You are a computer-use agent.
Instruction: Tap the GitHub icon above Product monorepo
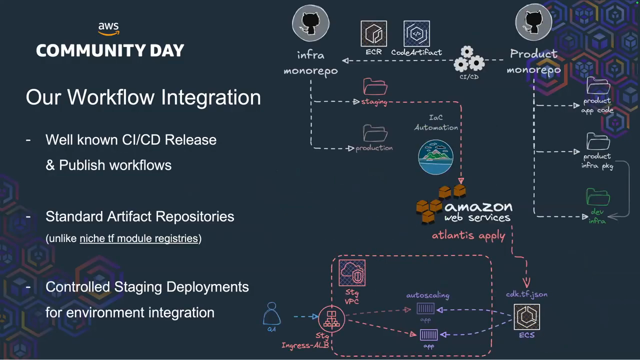[533, 22]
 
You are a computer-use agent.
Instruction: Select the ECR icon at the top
[373, 33]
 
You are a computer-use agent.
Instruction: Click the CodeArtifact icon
[416, 33]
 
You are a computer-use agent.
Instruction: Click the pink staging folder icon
[375, 86]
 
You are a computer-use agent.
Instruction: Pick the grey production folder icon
[375, 133]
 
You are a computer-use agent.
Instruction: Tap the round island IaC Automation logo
[435, 157]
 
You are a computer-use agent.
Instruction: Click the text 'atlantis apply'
[468, 235]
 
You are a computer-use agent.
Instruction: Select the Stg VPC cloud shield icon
[352, 273]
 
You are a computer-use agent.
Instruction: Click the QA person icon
[271, 314]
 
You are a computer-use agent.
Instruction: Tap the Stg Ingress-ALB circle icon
[331, 318]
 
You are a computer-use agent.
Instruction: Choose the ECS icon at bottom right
[526, 316]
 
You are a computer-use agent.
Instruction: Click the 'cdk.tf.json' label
[526, 294]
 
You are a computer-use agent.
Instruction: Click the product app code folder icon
[598, 86]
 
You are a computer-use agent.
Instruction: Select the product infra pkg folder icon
[598, 141]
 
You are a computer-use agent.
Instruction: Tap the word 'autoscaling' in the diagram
[427, 295]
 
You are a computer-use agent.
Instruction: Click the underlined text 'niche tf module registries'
[138, 238]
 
